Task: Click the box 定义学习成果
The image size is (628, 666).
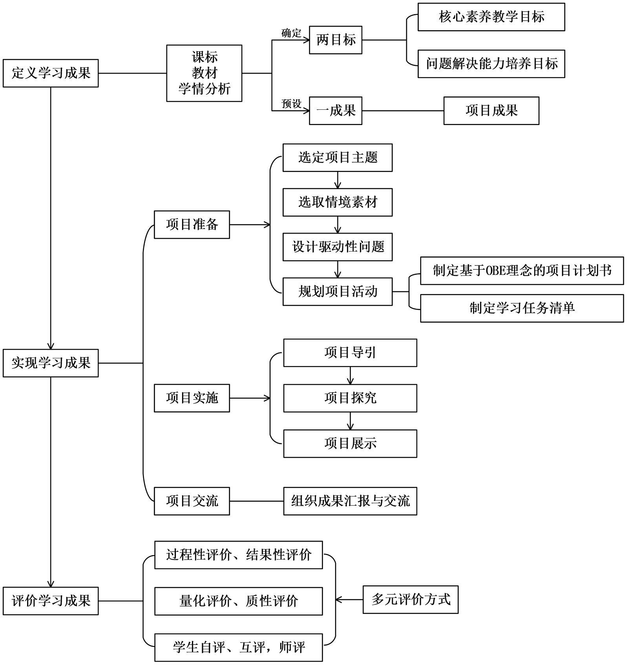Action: pyautogui.click(x=51, y=73)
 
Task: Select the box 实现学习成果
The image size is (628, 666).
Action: pyautogui.click(x=51, y=363)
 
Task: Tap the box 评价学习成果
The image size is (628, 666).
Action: pyautogui.click(x=51, y=601)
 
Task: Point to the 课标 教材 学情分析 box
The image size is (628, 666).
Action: pyautogui.click(x=204, y=73)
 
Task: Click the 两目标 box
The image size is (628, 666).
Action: pyautogui.click(x=336, y=40)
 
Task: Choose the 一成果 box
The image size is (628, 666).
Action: pyautogui.click(x=336, y=111)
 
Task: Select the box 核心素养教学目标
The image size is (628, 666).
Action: pyautogui.click(x=491, y=17)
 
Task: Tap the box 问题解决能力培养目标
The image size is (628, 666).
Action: pyautogui.click(x=491, y=64)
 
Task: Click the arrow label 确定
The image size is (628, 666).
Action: pyautogui.click(x=291, y=33)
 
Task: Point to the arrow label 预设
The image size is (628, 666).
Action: pyautogui.click(x=291, y=104)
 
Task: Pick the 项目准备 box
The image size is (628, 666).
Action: pyautogui.click(x=192, y=225)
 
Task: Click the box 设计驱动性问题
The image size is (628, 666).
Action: pyautogui.click(x=338, y=247)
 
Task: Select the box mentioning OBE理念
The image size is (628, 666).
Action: pyautogui.click(x=522, y=271)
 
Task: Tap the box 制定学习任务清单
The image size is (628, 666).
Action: pyautogui.click(x=522, y=309)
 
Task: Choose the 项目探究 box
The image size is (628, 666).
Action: pyautogui.click(x=350, y=398)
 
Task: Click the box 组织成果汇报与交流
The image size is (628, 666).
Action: pyautogui.click(x=350, y=501)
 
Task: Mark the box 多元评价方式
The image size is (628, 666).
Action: pyautogui.click(x=410, y=599)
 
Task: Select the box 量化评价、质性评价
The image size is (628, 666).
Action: pyautogui.click(x=238, y=601)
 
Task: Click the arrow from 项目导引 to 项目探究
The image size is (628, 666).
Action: pyautogui.click(x=351, y=376)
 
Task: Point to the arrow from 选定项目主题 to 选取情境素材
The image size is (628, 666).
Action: pyautogui.click(x=338, y=180)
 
